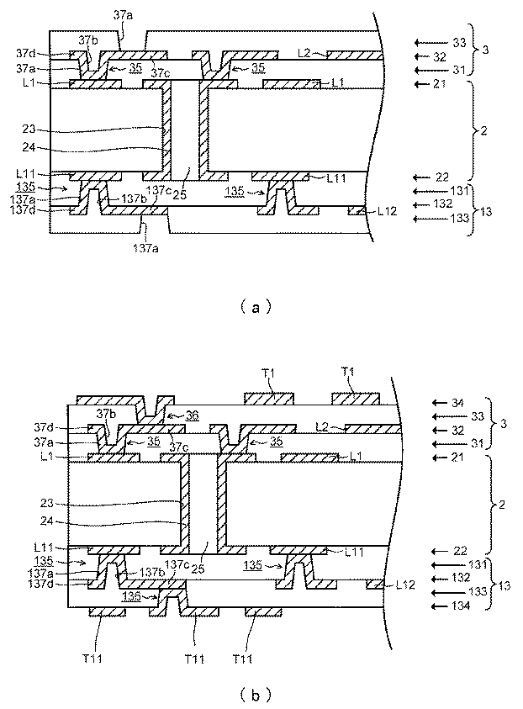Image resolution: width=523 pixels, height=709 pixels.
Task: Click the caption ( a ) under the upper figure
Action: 256,308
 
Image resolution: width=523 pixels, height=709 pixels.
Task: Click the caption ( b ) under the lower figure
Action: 256,695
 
